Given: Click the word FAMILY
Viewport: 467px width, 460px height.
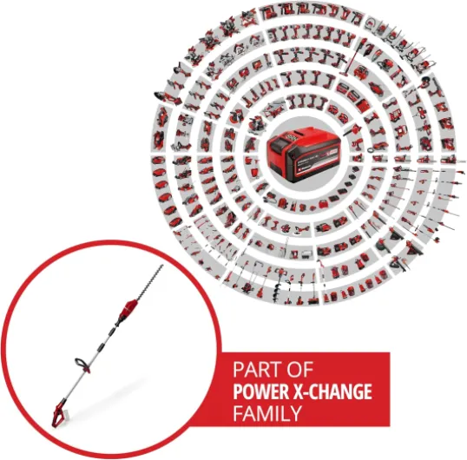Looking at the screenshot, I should click(x=267, y=413).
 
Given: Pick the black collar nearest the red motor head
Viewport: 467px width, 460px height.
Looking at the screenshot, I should click(x=115, y=325).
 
